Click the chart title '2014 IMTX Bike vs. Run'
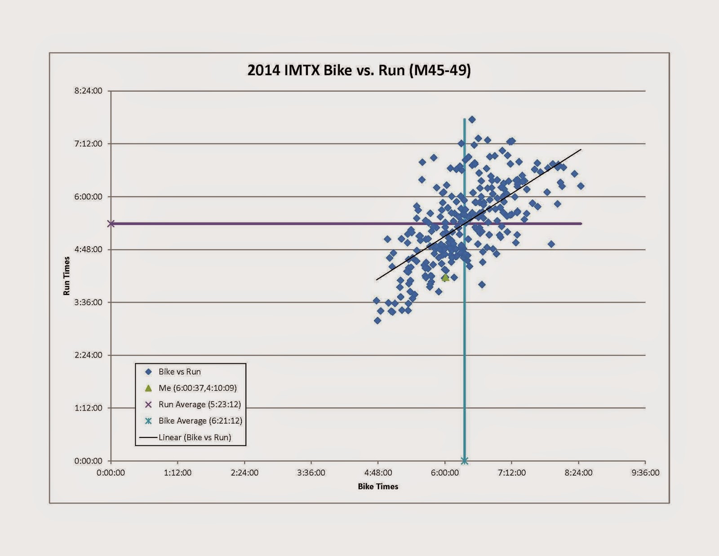(359, 71)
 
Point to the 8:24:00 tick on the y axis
(89, 91)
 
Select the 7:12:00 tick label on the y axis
(89, 144)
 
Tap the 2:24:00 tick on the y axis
(89, 355)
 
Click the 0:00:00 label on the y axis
(89, 461)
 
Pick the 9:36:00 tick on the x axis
(645, 473)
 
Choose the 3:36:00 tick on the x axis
(311, 473)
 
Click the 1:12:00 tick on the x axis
(178, 473)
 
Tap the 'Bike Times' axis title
(378, 486)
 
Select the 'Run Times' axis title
(67, 276)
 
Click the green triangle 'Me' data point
(445, 278)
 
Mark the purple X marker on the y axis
(111, 224)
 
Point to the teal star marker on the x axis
(465, 461)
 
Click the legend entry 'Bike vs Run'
(179, 372)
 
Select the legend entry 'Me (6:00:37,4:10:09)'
(197, 388)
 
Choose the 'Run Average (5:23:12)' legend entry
(200, 405)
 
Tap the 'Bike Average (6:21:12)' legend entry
(200, 421)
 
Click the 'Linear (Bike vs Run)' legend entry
(195, 437)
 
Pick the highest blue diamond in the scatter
(472, 120)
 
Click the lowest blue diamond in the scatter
(377, 320)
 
